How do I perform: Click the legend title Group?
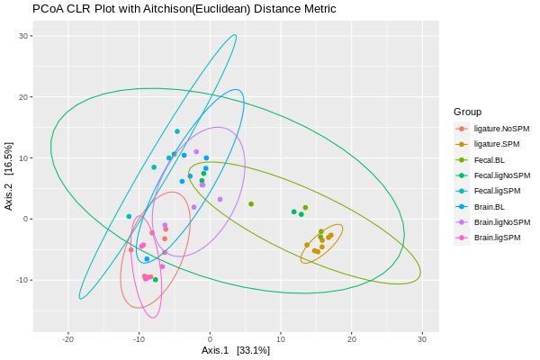point(467,112)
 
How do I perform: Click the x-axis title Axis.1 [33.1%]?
point(235,350)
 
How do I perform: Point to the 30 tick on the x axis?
point(422,338)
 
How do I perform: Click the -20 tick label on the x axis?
point(67,338)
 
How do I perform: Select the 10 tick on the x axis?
point(281,338)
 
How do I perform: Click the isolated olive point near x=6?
point(251,204)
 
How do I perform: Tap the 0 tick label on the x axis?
point(210,338)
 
